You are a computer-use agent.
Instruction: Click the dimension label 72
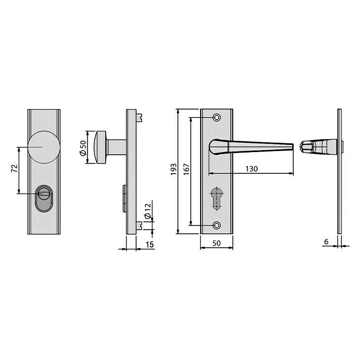[x=14, y=169]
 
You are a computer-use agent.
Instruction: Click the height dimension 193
[x=173, y=169]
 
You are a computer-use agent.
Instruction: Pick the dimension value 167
[x=186, y=169]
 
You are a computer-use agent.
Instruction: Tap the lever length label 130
[x=251, y=169]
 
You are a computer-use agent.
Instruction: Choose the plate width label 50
[x=216, y=243]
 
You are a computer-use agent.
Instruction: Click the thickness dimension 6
[x=326, y=241]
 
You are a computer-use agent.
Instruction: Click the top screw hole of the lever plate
[x=217, y=116]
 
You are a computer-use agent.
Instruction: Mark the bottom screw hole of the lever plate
[x=217, y=225]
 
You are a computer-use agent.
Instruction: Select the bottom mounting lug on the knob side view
[x=140, y=224]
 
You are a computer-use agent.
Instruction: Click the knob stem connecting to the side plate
[x=117, y=147]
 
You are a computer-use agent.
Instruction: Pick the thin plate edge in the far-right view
[x=339, y=171]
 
